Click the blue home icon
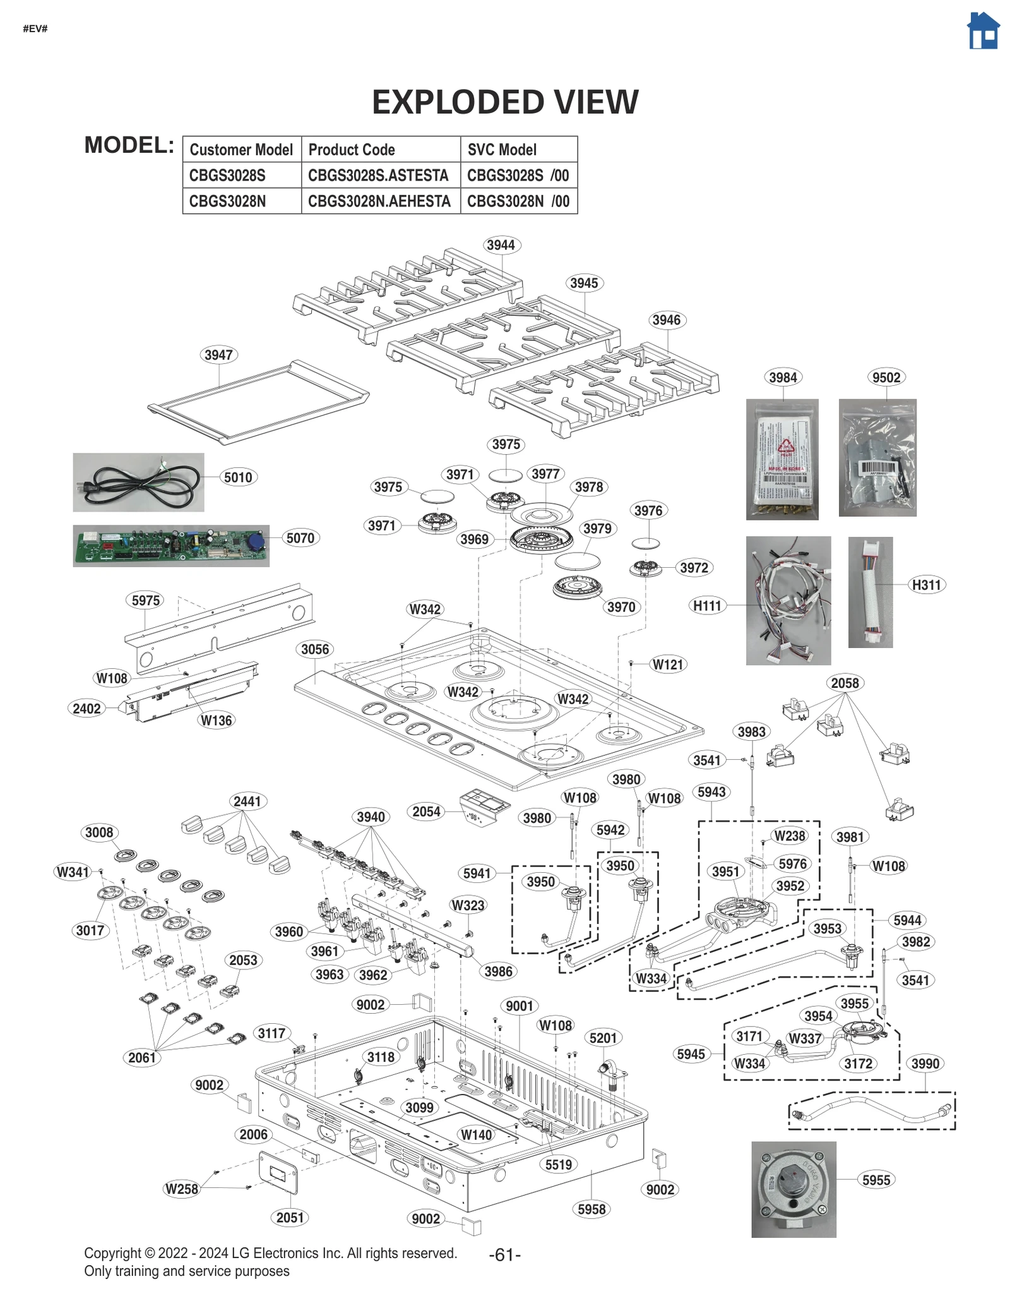[x=983, y=31]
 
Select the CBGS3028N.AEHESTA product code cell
[x=379, y=201]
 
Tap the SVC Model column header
[x=502, y=150]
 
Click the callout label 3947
[x=218, y=355]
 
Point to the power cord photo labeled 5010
[x=138, y=483]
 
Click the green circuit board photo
[x=170, y=546]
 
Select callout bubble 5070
[x=300, y=538]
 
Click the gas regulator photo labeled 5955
[x=793, y=1189]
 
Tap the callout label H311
[x=926, y=585]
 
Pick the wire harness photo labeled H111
[x=788, y=600]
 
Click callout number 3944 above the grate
[x=501, y=245]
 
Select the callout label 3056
[x=315, y=649]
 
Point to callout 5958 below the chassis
[x=591, y=1209]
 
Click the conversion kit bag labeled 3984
[x=782, y=460]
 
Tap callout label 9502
[x=886, y=378]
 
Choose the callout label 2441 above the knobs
[x=247, y=801]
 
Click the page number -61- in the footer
[x=504, y=1255]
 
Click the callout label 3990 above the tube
[x=925, y=1064]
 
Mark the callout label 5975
[x=146, y=601]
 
